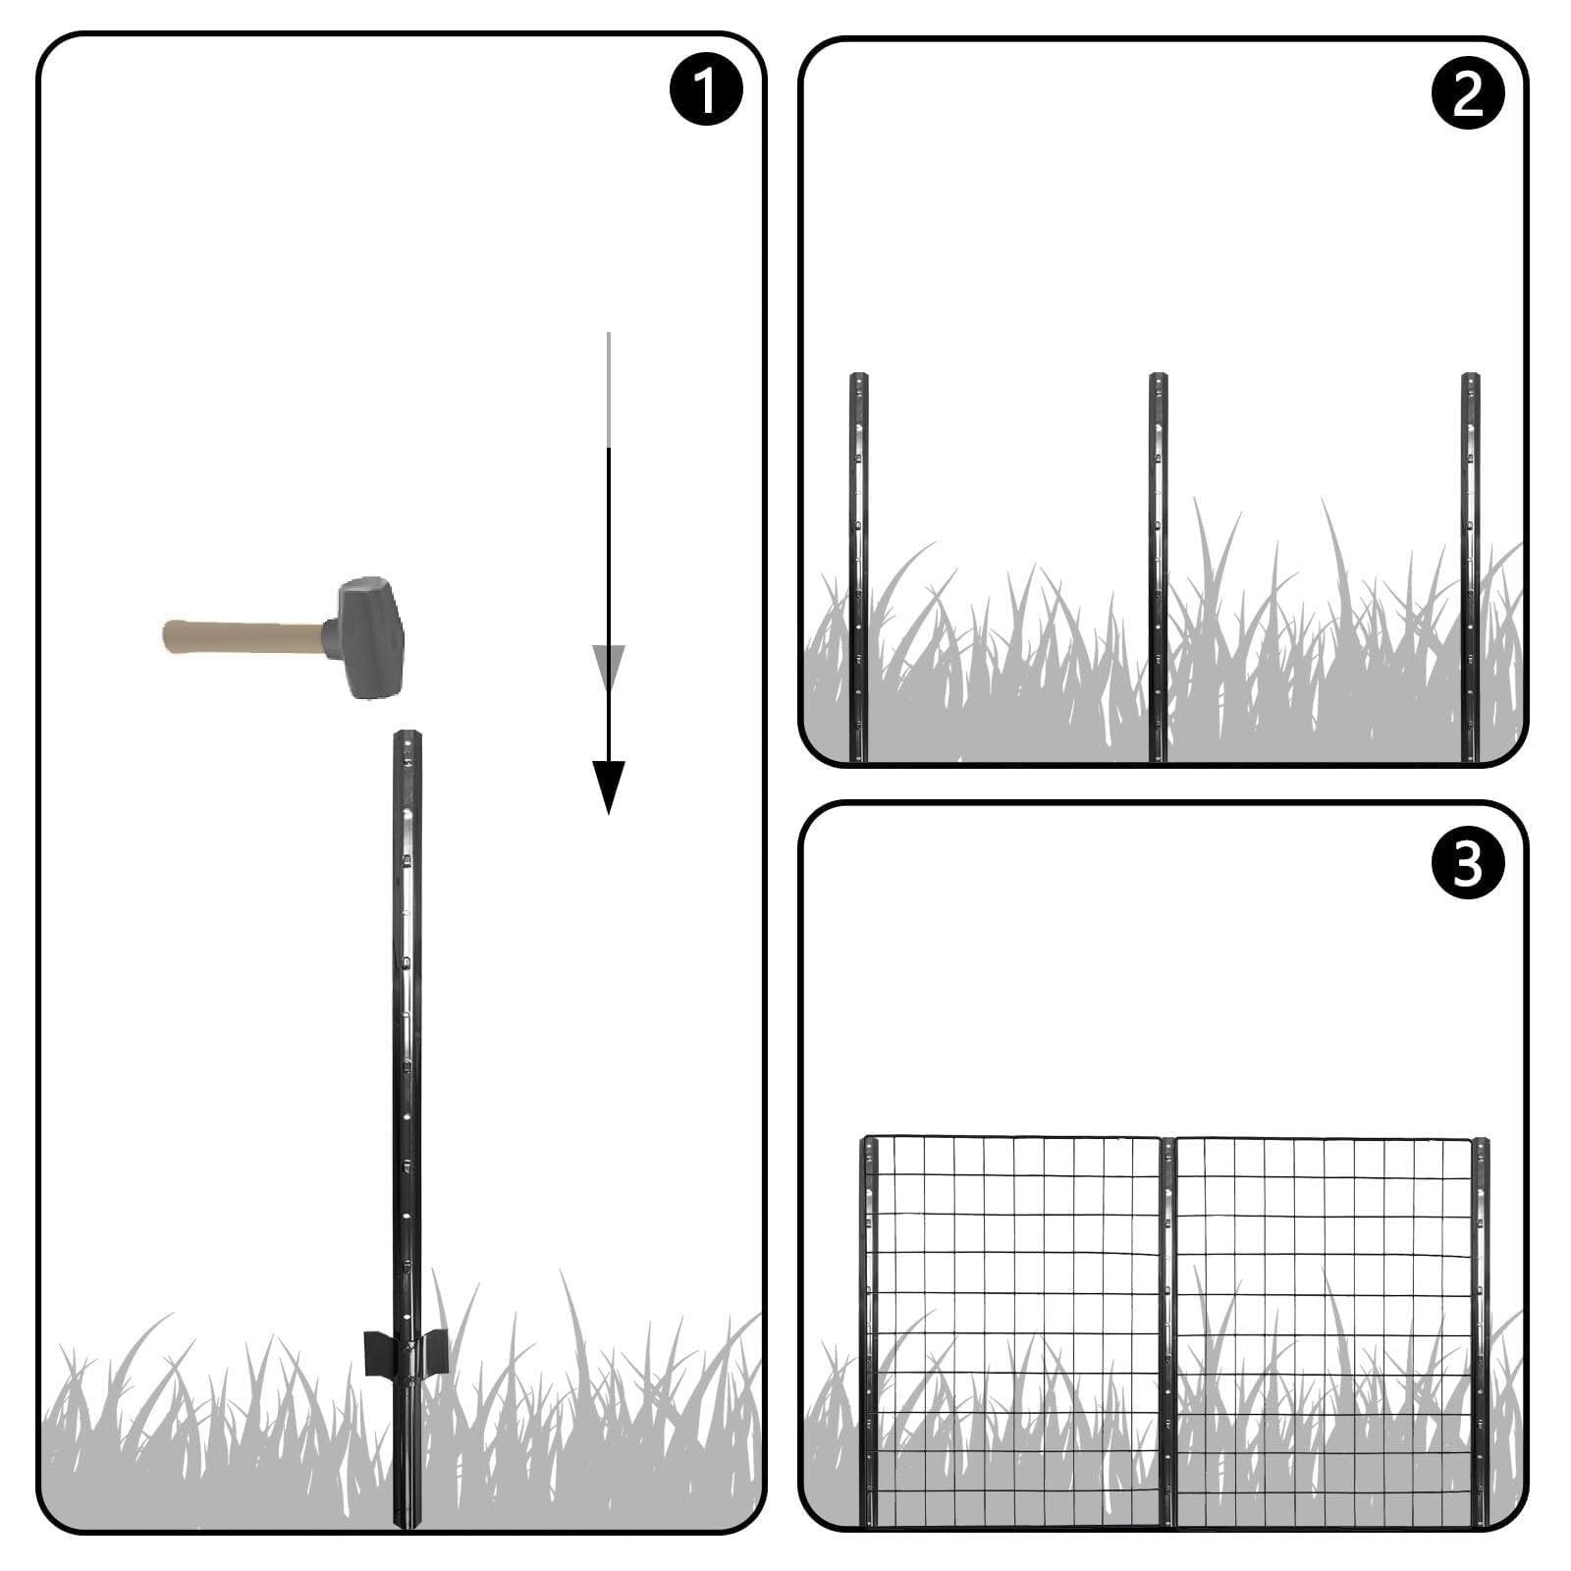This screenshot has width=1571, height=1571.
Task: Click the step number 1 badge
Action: tap(705, 89)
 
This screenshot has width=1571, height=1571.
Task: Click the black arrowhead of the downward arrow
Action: tap(609, 786)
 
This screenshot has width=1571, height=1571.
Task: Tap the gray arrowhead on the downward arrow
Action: tap(609, 665)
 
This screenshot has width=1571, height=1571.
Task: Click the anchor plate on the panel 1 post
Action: tap(406, 1351)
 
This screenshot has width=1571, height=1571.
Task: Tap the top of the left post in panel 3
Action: tap(869, 1143)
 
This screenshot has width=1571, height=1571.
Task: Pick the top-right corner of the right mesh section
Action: tap(1471, 1140)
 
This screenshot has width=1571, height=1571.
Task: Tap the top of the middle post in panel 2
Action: tap(1158, 378)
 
